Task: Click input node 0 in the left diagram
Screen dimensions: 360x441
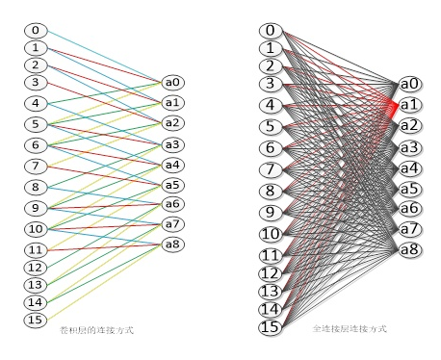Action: pyautogui.click(x=36, y=31)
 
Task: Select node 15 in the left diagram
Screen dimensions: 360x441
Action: pyautogui.click(x=36, y=320)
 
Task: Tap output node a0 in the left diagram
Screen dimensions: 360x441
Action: pyautogui.click(x=173, y=83)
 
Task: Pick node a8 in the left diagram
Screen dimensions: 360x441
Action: pyautogui.click(x=173, y=244)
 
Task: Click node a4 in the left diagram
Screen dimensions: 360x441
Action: pyautogui.click(x=173, y=165)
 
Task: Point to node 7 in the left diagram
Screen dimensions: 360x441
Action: pyautogui.click(x=36, y=167)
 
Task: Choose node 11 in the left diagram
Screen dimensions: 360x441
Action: pyautogui.click(x=36, y=250)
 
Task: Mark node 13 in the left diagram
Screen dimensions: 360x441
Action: pyautogui.click(x=36, y=285)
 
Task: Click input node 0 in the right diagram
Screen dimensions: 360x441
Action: pyautogui.click(x=271, y=31)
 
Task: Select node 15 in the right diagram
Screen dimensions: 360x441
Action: pyautogui.click(x=271, y=327)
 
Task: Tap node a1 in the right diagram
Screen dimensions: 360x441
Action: pyautogui.click(x=409, y=104)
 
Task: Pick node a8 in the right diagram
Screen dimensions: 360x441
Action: pyautogui.click(x=409, y=250)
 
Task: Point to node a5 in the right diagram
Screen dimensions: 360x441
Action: pyautogui.click(x=409, y=189)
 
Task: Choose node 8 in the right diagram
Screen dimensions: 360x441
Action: pyautogui.click(x=271, y=191)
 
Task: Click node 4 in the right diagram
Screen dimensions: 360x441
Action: pyautogui.click(x=271, y=105)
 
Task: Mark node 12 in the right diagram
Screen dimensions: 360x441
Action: pyautogui.click(x=271, y=273)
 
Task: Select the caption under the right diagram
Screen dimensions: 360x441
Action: pyautogui.click(x=350, y=329)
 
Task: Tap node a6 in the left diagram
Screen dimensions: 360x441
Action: pyautogui.click(x=173, y=204)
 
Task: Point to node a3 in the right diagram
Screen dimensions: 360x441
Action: pyautogui.click(x=409, y=147)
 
